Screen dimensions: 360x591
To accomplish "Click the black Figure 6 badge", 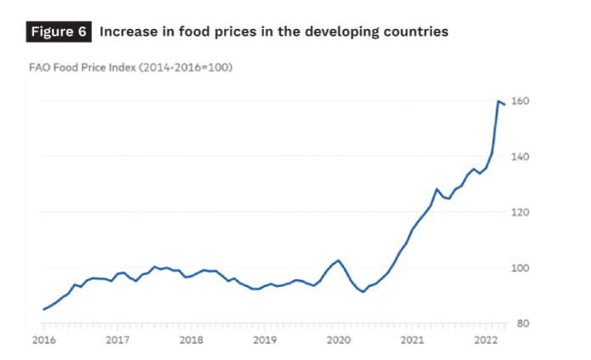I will pos(59,31).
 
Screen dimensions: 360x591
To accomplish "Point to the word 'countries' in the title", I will pos(410,31).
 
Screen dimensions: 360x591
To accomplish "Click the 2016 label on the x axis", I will pos(44,340).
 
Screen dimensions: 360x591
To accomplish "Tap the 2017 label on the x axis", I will pos(117,340).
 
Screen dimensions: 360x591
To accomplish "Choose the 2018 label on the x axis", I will pos(191,340).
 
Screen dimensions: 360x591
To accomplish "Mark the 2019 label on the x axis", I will pos(265,340).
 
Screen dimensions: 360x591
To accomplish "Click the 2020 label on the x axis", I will pos(339,340).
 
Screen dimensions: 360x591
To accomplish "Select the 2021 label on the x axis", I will pos(413,340).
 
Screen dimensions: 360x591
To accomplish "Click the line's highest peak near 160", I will pos(498,101).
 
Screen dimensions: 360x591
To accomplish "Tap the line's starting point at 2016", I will pos(44,309).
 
